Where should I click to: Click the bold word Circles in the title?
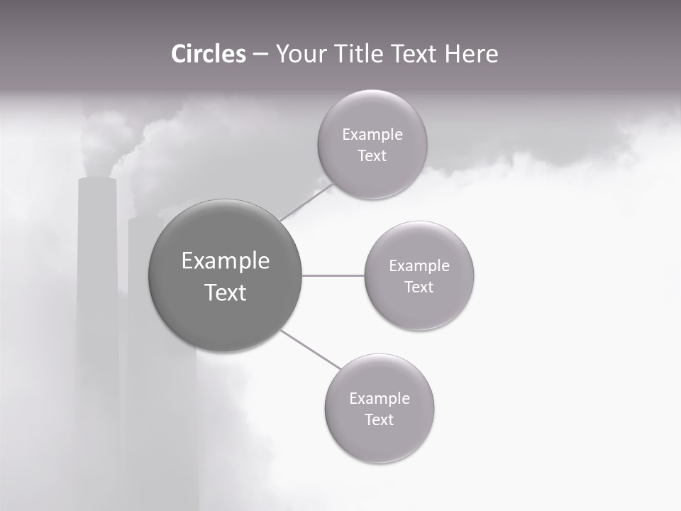[x=209, y=54]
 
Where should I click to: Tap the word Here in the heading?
[x=471, y=54]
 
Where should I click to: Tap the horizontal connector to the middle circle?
[x=333, y=275]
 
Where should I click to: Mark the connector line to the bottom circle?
[x=309, y=348]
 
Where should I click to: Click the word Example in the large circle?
[x=225, y=261]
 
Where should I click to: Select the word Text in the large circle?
[x=225, y=292]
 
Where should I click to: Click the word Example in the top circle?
[x=372, y=135]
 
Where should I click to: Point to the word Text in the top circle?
[x=372, y=156]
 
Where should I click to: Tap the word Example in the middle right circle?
[x=419, y=266]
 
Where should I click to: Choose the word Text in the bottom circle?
[x=379, y=419]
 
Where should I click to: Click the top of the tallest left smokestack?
[x=97, y=180]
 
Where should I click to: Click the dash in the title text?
[x=260, y=55]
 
